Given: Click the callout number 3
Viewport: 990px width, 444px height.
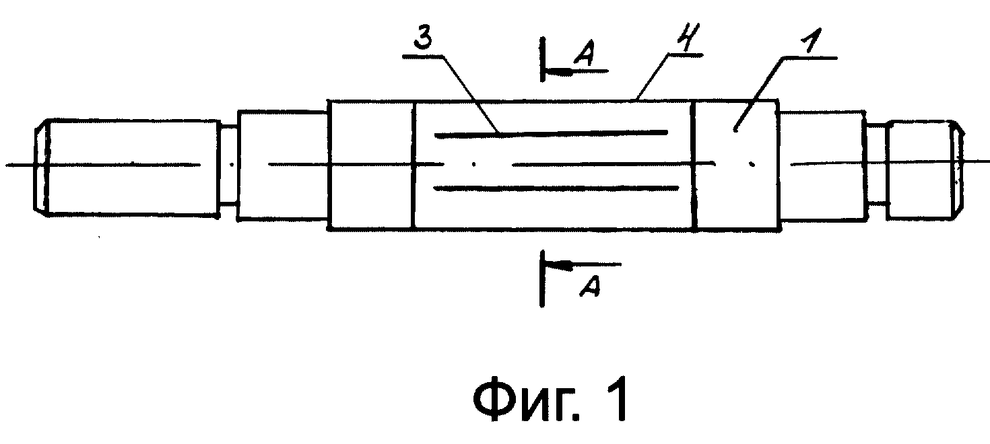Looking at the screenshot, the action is [424, 40].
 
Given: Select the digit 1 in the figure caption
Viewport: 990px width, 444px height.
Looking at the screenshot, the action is [616, 400].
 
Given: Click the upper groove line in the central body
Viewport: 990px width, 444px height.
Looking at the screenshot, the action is [551, 133].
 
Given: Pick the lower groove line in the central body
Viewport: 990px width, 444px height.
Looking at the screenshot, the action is [556, 189].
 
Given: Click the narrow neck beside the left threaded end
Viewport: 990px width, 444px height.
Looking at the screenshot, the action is [228, 165].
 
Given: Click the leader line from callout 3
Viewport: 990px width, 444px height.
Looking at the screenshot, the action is [471, 94].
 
